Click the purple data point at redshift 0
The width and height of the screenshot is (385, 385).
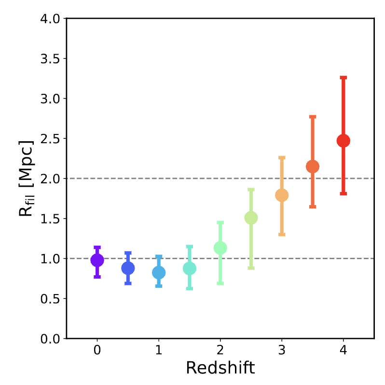pos(97,260)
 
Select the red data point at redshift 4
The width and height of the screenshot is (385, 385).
pos(343,141)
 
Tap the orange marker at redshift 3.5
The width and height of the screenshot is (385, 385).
pos(313,167)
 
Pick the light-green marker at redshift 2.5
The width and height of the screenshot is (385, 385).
pos(251,218)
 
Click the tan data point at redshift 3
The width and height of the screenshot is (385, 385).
pos(282,195)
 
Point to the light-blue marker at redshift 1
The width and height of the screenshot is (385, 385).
pos(159,273)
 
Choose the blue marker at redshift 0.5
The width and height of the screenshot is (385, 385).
pos(128,268)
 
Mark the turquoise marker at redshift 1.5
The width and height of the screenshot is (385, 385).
pos(190,268)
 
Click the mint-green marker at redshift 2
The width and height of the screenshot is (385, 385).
pos(220,248)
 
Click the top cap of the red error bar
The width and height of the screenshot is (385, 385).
pos(343,77)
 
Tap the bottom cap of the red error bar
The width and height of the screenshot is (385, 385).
pos(343,193)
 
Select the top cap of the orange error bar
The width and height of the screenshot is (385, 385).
pos(313,117)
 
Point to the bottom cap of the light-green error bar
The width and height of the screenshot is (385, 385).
pos(251,267)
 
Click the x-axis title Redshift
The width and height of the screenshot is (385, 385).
pos(220,368)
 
